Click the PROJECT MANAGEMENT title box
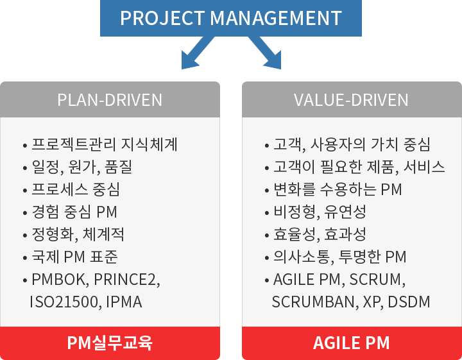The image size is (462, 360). (231, 18)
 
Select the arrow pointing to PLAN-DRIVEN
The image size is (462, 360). (197, 53)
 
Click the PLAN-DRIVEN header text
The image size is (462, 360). (110, 100)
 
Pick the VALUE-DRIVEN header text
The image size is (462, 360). (351, 100)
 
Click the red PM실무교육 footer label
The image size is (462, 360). (110, 343)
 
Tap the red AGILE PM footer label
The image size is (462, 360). (352, 343)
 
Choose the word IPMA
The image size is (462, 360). (124, 302)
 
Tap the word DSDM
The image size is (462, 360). (409, 302)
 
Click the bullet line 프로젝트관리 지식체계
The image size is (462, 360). (105, 144)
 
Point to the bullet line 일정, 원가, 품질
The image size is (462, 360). (81, 167)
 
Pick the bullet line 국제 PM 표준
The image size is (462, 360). (74, 257)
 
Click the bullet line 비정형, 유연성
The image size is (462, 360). (320, 212)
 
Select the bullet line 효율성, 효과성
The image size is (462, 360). (320, 234)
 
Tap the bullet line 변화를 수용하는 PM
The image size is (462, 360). (338, 189)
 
